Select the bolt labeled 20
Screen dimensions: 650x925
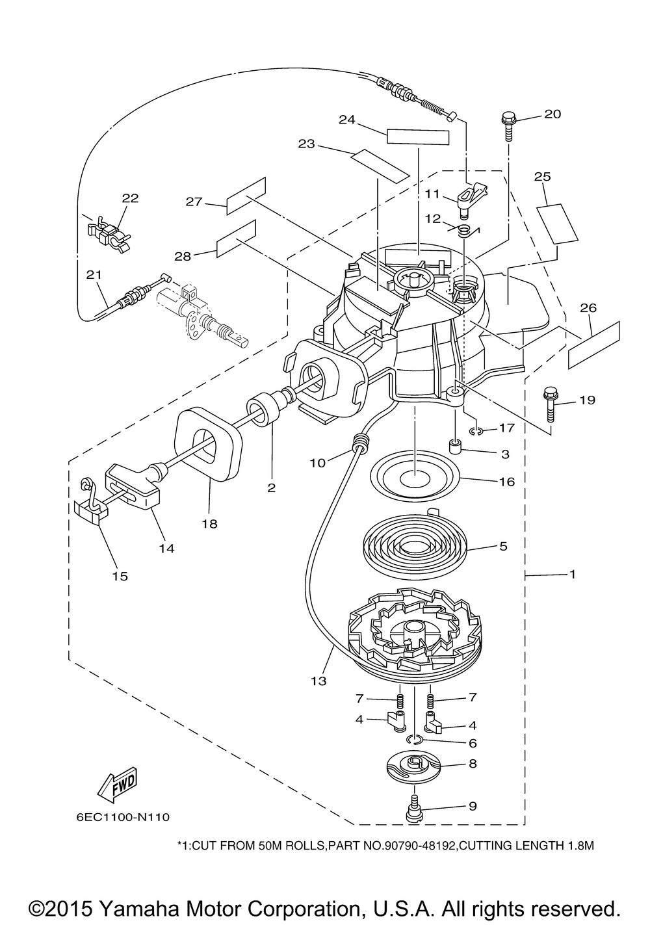[x=508, y=126]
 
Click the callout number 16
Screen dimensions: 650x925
[x=507, y=482]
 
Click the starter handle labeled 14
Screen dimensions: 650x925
[x=134, y=486]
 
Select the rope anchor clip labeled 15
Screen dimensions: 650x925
[x=90, y=502]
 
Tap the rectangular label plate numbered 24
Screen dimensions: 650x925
[x=417, y=137]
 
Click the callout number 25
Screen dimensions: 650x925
[x=542, y=177]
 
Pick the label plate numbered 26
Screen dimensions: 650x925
[x=594, y=345]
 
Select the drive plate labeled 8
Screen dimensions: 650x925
[x=414, y=768]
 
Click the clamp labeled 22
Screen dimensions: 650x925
[x=108, y=233]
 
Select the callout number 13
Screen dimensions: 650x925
[x=318, y=681]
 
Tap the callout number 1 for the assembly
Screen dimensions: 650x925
[x=573, y=574]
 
